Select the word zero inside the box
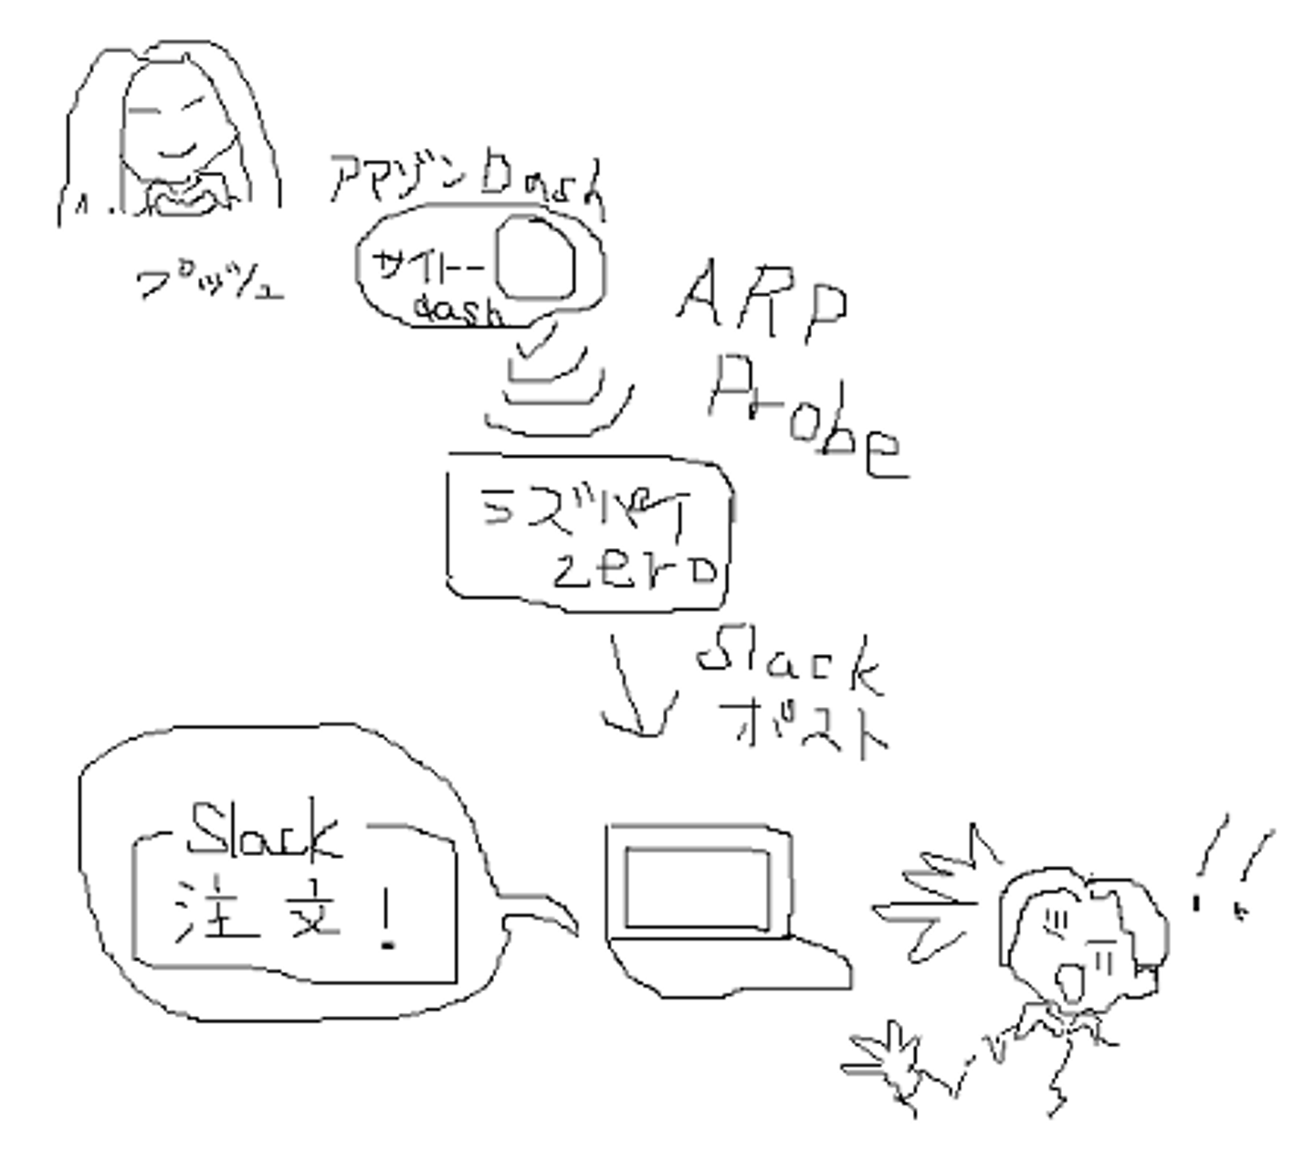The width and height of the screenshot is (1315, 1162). pos(636,571)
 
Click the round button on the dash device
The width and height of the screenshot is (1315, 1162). pos(537,259)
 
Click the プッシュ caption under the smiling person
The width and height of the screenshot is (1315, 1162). pos(210,282)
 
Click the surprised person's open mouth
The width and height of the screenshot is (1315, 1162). pos(1067,984)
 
